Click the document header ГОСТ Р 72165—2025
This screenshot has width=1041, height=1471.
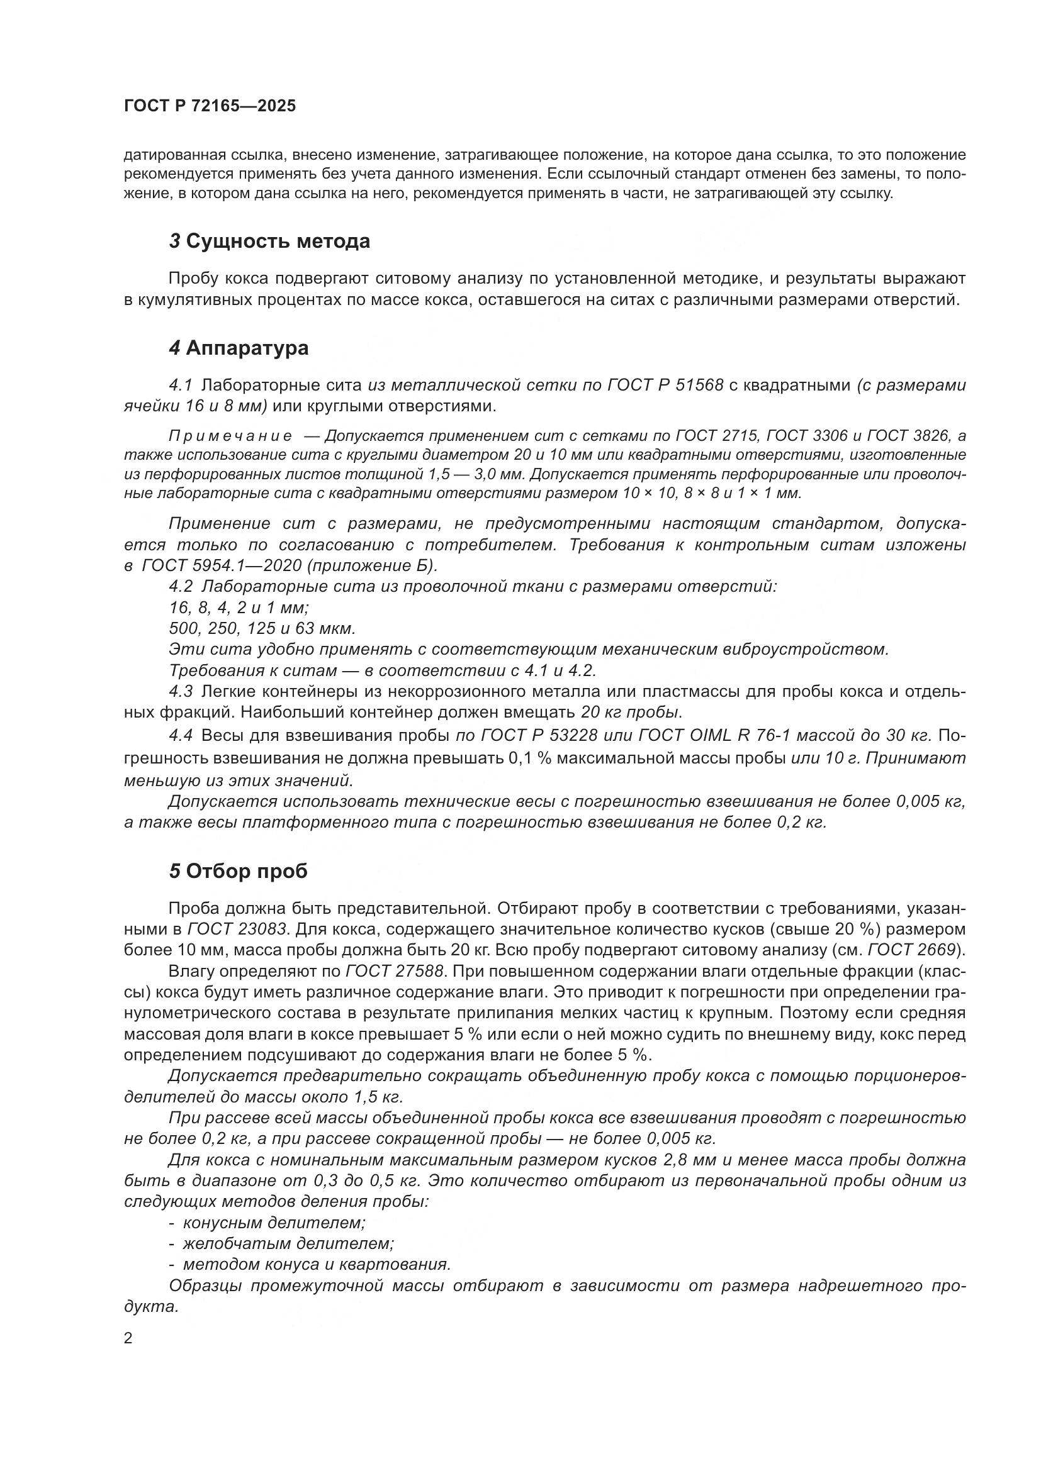pyautogui.click(x=210, y=106)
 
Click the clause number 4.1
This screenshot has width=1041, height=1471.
pyautogui.click(x=181, y=385)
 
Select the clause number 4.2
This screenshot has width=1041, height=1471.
pyautogui.click(x=181, y=586)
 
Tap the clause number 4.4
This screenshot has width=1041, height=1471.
pyautogui.click(x=181, y=736)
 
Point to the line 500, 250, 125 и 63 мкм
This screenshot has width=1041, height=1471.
pyautogui.click(x=262, y=628)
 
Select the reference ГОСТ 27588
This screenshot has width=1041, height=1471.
pyautogui.click(x=395, y=971)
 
